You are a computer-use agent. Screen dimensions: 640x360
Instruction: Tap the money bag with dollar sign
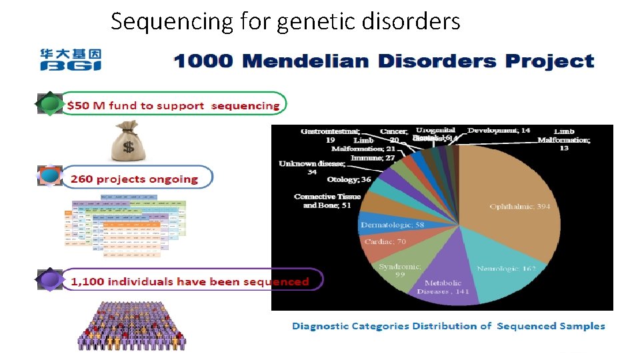pos(129,141)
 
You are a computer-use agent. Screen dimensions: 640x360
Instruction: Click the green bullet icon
pos(49,105)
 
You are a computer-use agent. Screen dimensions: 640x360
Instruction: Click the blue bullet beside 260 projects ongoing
pos(49,177)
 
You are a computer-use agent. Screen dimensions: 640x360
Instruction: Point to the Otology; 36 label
pos(349,180)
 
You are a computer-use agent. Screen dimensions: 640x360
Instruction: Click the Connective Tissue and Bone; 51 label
pos(327,201)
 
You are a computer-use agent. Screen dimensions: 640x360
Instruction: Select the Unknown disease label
pos(311,168)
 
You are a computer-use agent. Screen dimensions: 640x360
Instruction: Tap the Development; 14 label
pos(499,131)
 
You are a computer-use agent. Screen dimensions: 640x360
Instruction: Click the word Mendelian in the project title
pos(305,62)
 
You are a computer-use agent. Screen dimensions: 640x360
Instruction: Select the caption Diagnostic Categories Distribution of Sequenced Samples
pos(448,326)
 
